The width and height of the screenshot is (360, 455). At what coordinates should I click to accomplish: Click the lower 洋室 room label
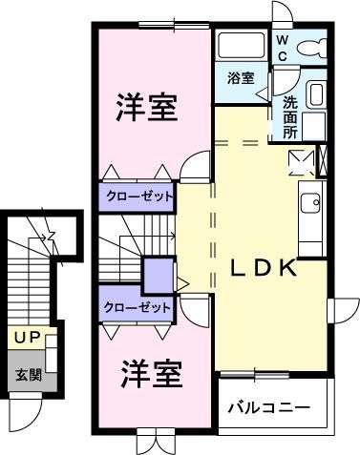pyautogui.click(x=151, y=375)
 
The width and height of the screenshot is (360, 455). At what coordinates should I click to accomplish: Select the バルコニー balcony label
pyautogui.click(x=268, y=409)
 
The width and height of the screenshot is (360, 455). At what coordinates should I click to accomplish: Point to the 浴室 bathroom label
pyautogui.click(x=241, y=78)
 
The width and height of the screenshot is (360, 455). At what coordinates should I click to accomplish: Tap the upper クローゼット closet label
pyautogui.click(x=139, y=196)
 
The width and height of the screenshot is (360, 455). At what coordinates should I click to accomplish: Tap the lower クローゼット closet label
pyautogui.click(x=139, y=308)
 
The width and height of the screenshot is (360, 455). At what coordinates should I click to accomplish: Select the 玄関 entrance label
pyautogui.click(x=27, y=375)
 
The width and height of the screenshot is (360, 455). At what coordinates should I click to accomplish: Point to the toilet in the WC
pyautogui.click(x=313, y=48)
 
